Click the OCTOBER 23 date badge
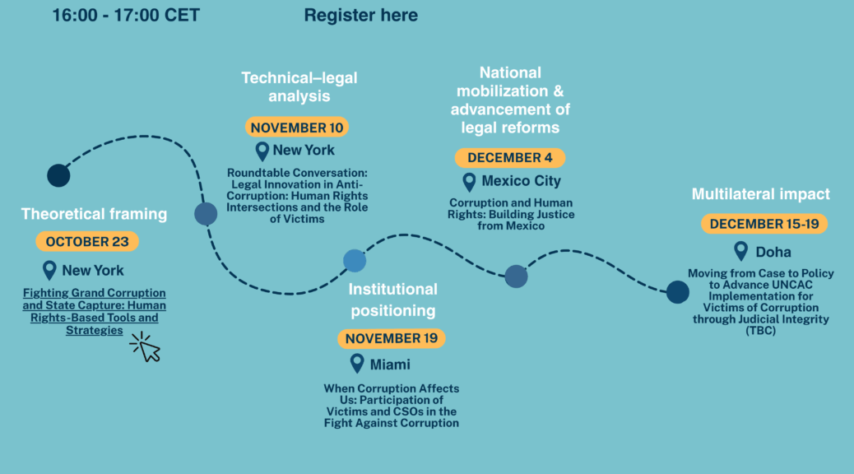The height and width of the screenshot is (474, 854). pyautogui.click(x=87, y=242)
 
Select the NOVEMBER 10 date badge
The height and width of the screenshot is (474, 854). pyautogui.click(x=296, y=128)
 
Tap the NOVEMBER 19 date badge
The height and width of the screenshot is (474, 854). pyautogui.click(x=392, y=338)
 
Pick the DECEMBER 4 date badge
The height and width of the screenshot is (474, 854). pyautogui.click(x=509, y=158)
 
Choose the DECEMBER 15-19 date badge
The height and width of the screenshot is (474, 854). pyautogui.click(x=764, y=224)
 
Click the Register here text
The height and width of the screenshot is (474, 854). pyautogui.click(x=360, y=15)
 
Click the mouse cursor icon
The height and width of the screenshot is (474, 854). pyautogui.click(x=146, y=347)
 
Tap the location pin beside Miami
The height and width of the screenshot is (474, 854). pyautogui.click(x=356, y=363)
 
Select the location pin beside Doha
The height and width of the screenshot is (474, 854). pyautogui.click(x=741, y=251)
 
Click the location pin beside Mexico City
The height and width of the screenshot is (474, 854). pyautogui.click(x=469, y=181)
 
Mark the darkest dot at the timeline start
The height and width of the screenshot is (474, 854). pyautogui.click(x=58, y=175)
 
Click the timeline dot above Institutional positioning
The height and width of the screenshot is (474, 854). pyautogui.click(x=355, y=260)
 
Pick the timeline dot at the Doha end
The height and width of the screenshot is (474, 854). pyautogui.click(x=677, y=291)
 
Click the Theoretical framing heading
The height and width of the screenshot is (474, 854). pyautogui.click(x=94, y=214)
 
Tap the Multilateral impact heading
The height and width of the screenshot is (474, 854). pyautogui.click(x=760, y=195)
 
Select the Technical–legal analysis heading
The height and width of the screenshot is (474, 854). pyautogui.click(x=299, y=86)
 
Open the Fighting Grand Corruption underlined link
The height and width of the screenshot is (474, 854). pyautogui.click(x=94, y=311)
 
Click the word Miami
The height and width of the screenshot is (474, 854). pyautogui.click(x=390, y=364)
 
